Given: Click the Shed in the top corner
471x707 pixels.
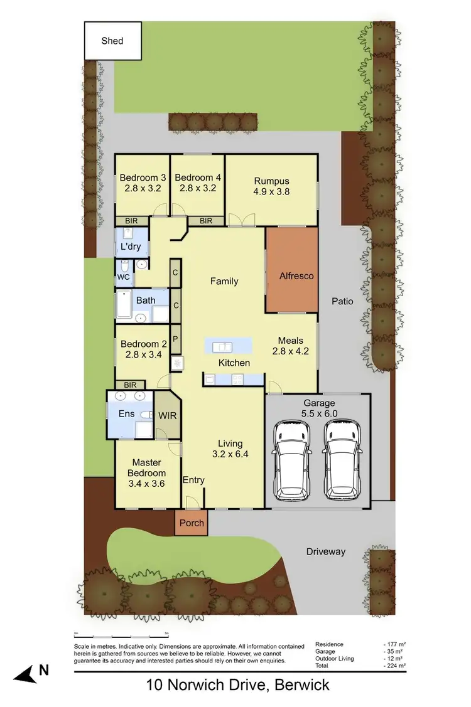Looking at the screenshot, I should click(x=112, y=41).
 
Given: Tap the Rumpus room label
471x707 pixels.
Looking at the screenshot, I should click(x=271, y=178).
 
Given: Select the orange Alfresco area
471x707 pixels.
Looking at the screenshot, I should click(x=291, y=275).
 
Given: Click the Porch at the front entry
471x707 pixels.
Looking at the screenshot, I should click(x=190, y=523).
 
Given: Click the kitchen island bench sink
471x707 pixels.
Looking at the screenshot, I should click(x=222, y=346).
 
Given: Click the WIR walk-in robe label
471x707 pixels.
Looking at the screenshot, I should click(x=167, y=416).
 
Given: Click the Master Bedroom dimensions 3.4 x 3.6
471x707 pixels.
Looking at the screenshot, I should click(x=146, y=484).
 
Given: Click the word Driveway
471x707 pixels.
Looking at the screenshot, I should click(x=325, y=552).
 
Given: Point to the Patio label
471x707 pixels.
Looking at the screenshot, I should click(x=342, y=301).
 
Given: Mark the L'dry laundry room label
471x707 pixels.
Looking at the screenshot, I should click(x=131, y=247).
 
